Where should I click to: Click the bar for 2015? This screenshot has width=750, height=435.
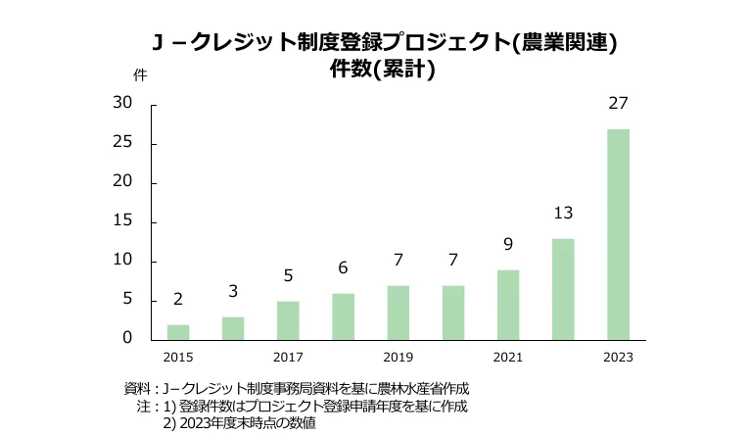tap(178, 332)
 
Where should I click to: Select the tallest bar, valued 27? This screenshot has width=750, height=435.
tap(618, 234)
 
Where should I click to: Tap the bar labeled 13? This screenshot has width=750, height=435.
tap(563, 289)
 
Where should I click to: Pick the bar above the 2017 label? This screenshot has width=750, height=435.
tap(288, 320)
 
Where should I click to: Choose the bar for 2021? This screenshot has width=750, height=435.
tap(508, 305)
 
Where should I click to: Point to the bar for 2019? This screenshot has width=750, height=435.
tap(398, 313)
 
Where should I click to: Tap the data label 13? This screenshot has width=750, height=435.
tap(563, 213)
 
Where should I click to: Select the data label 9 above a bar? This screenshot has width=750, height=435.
tap(508, 244)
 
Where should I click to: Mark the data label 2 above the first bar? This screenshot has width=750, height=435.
tap(178, 299)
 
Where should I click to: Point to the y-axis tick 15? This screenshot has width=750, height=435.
tap(122, 221)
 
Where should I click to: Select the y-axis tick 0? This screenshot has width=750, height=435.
tap(127, 338)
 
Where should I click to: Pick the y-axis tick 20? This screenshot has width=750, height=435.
tap(122, 182)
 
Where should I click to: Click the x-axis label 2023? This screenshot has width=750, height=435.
tap(618, 358)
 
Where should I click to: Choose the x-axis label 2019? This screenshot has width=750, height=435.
tap(398, 358)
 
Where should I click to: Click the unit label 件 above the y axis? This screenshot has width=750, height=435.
tap(139, 74)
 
